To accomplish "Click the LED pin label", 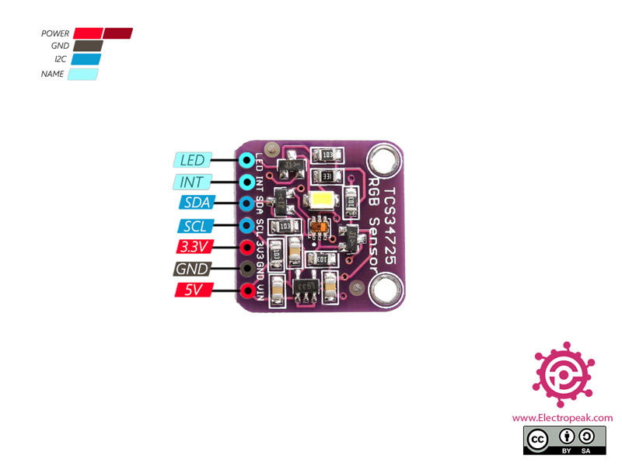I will (191, 161).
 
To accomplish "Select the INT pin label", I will (191, 183).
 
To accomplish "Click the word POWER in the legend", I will (55, 34).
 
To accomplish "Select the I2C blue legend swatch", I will (86, 60).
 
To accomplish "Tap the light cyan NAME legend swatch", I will (83, 75).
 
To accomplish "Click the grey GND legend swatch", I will (88, 47).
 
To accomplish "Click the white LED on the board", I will (322, 200).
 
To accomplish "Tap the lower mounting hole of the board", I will (383, 293).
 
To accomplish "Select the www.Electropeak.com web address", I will (562, 418).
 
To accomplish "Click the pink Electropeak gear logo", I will (563, 374).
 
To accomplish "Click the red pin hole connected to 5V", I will (247, 291).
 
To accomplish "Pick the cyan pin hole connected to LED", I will (247, 161).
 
